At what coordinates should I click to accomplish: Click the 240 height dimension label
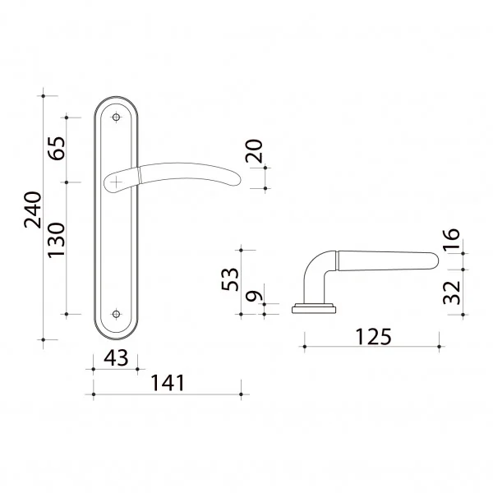coord(32,210)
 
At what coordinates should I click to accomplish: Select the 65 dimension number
coord(57,149)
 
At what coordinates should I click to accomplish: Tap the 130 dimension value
coord(57,241)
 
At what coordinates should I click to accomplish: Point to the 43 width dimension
coord(116,357)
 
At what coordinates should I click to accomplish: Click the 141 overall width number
coord(168,383)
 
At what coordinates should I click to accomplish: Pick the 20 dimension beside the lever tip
coord(254,151)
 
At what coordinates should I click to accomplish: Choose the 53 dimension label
coord(230,279)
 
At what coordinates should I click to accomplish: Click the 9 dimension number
coord(253,296)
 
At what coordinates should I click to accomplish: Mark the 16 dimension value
coord(451,239)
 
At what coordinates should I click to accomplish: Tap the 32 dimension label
coord(451,293)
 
